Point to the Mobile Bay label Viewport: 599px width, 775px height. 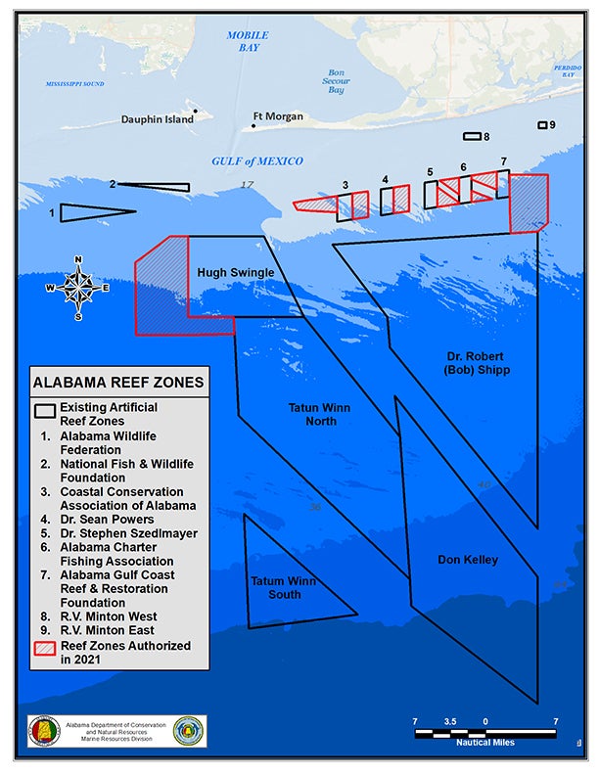248,41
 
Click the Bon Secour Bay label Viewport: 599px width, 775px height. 336,81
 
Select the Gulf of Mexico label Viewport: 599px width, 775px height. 257,161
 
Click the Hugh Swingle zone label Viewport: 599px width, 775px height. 236,272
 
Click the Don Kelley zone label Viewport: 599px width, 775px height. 468,560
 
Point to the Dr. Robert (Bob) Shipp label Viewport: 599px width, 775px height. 476,363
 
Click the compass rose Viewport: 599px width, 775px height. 77,288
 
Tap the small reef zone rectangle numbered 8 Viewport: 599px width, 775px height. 472,137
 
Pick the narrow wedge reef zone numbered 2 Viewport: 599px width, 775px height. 157,186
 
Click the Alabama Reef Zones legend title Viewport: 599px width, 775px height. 118,382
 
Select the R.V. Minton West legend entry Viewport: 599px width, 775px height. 108,616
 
